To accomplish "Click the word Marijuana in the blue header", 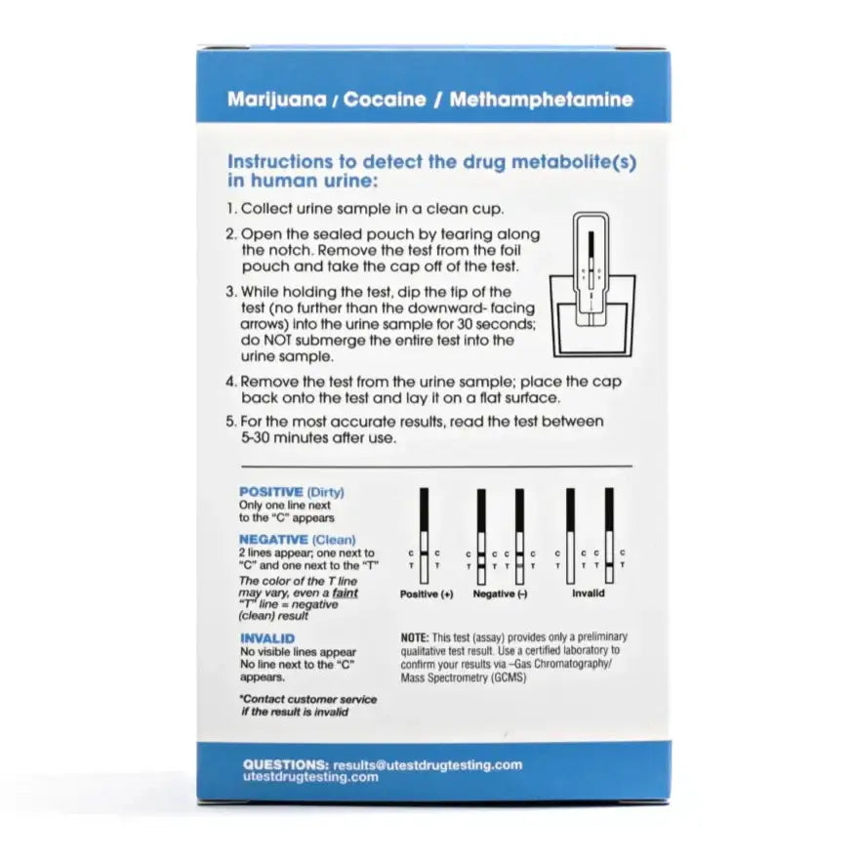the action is click(276, 100).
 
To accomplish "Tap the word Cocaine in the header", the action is click(385, 99).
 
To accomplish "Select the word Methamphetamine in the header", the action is click(542, 99).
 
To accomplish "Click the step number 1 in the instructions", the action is click(230, 208).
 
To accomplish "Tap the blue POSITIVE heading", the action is click(271, 492).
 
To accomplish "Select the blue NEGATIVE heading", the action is click(273, 540).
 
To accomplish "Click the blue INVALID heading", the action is click(267, 638).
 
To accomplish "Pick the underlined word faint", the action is click(346, 592).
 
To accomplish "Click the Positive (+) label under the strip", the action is click(427, 593).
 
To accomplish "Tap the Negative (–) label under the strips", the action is click(500, 593).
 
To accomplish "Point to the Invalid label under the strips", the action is click(589, 593).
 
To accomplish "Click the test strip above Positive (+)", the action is click(425, 536).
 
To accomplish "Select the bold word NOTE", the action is click(415, 637).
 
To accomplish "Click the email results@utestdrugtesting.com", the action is click(427, 764).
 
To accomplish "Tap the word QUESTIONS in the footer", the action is click(286, 764).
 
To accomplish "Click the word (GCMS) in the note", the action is click(508, 677).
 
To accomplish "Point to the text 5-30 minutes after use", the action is click(318, 438).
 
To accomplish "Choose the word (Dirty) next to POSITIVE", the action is click(326, 492).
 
